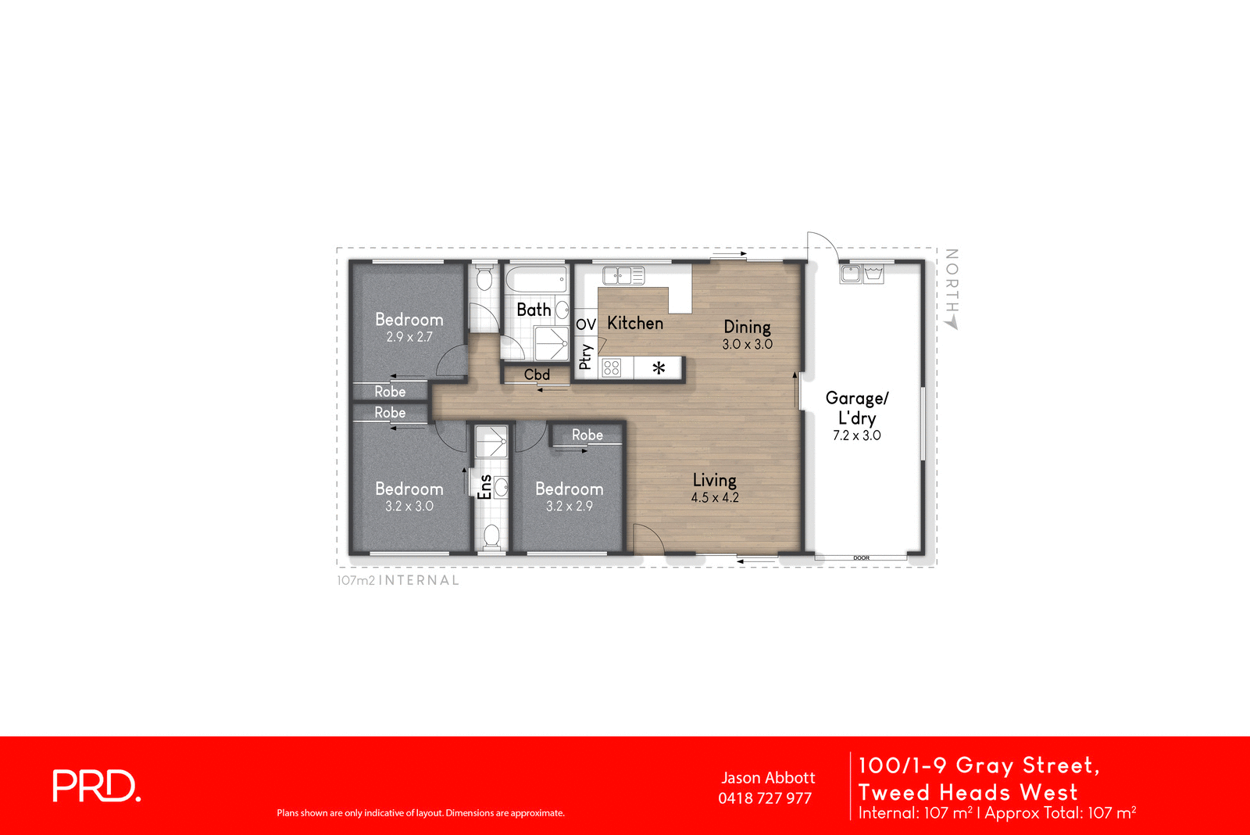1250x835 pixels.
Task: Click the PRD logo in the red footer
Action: click(96, 786)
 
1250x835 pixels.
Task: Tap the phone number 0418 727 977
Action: click(764, 798)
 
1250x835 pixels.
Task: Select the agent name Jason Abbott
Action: click(767, 778)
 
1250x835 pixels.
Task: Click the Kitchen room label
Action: click(634, 323)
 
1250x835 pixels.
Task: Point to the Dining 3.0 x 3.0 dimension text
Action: click(747, 344)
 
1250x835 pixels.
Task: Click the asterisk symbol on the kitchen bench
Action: click(659, 367)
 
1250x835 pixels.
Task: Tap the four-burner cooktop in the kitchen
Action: click(612, 367)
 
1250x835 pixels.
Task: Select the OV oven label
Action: click(585, 324)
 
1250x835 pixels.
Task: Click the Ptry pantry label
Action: click(585, 357)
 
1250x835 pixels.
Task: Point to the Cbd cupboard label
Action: click(537, 374)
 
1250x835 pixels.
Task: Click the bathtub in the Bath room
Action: click(535, 279)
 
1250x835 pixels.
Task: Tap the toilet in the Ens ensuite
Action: click(491, 536)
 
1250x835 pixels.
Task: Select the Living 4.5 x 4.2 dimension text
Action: click(714, 497)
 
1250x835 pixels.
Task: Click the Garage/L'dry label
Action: click(856, 407)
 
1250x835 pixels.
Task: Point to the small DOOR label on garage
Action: click(861, 557)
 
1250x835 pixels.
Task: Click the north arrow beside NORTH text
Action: click(952, 322)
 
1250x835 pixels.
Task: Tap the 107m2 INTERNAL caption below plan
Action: click(398, 580)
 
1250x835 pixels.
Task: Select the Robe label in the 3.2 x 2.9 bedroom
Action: click(587, 435)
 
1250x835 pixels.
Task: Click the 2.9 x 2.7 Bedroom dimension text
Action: click(409, 337)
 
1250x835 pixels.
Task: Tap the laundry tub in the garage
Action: click(873, 274)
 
